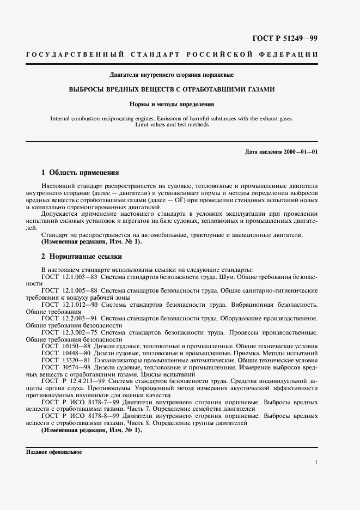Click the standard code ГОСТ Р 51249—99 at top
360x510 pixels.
click(x=285, y=39)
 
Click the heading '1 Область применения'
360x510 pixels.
click(x=80, y=173)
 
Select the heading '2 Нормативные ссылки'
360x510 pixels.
click(x=82, y=256)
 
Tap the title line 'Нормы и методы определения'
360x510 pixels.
click(x=172, y=104)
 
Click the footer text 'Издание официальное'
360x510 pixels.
click(x=53, y=452)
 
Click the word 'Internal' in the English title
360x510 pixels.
click(x=60, y=118)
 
